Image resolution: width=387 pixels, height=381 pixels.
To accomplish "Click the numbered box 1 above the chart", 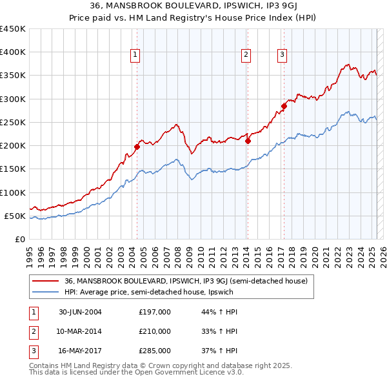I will (135, 56).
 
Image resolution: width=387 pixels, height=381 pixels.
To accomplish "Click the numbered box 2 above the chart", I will (246, 56).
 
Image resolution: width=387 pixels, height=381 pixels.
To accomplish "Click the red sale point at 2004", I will (137, 147).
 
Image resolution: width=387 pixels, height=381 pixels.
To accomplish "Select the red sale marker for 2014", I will (248, 141).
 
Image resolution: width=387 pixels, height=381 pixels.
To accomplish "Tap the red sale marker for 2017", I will (284, 106).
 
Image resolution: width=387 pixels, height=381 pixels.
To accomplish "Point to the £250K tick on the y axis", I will (13, 122).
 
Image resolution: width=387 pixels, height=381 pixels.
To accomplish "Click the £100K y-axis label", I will (13, 192).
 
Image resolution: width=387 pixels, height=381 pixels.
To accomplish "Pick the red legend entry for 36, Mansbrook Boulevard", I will (186, 281).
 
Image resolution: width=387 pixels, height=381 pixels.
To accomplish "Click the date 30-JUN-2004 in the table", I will (80, 312).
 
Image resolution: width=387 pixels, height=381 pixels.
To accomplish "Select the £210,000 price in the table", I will (155, 331).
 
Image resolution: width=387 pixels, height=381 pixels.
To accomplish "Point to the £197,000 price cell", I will (155, 312).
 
